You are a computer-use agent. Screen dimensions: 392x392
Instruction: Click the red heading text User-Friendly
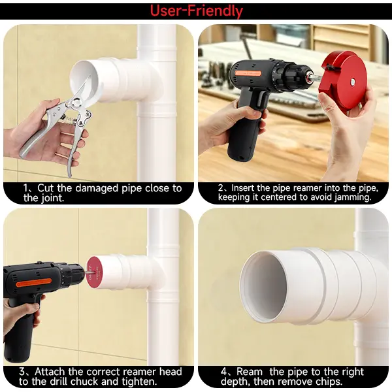click(197, 11)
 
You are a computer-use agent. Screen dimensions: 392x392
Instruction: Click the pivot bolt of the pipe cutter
click(76, 103)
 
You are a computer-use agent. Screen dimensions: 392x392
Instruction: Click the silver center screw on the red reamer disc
click(353, 81)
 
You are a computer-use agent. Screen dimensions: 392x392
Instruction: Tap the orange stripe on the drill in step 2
click(248, 73)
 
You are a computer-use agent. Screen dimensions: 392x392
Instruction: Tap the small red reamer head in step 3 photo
click(93, 272)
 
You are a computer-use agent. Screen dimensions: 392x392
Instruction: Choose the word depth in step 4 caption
click(235, 382)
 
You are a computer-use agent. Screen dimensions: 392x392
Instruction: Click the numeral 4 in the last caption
click(224, 372)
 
